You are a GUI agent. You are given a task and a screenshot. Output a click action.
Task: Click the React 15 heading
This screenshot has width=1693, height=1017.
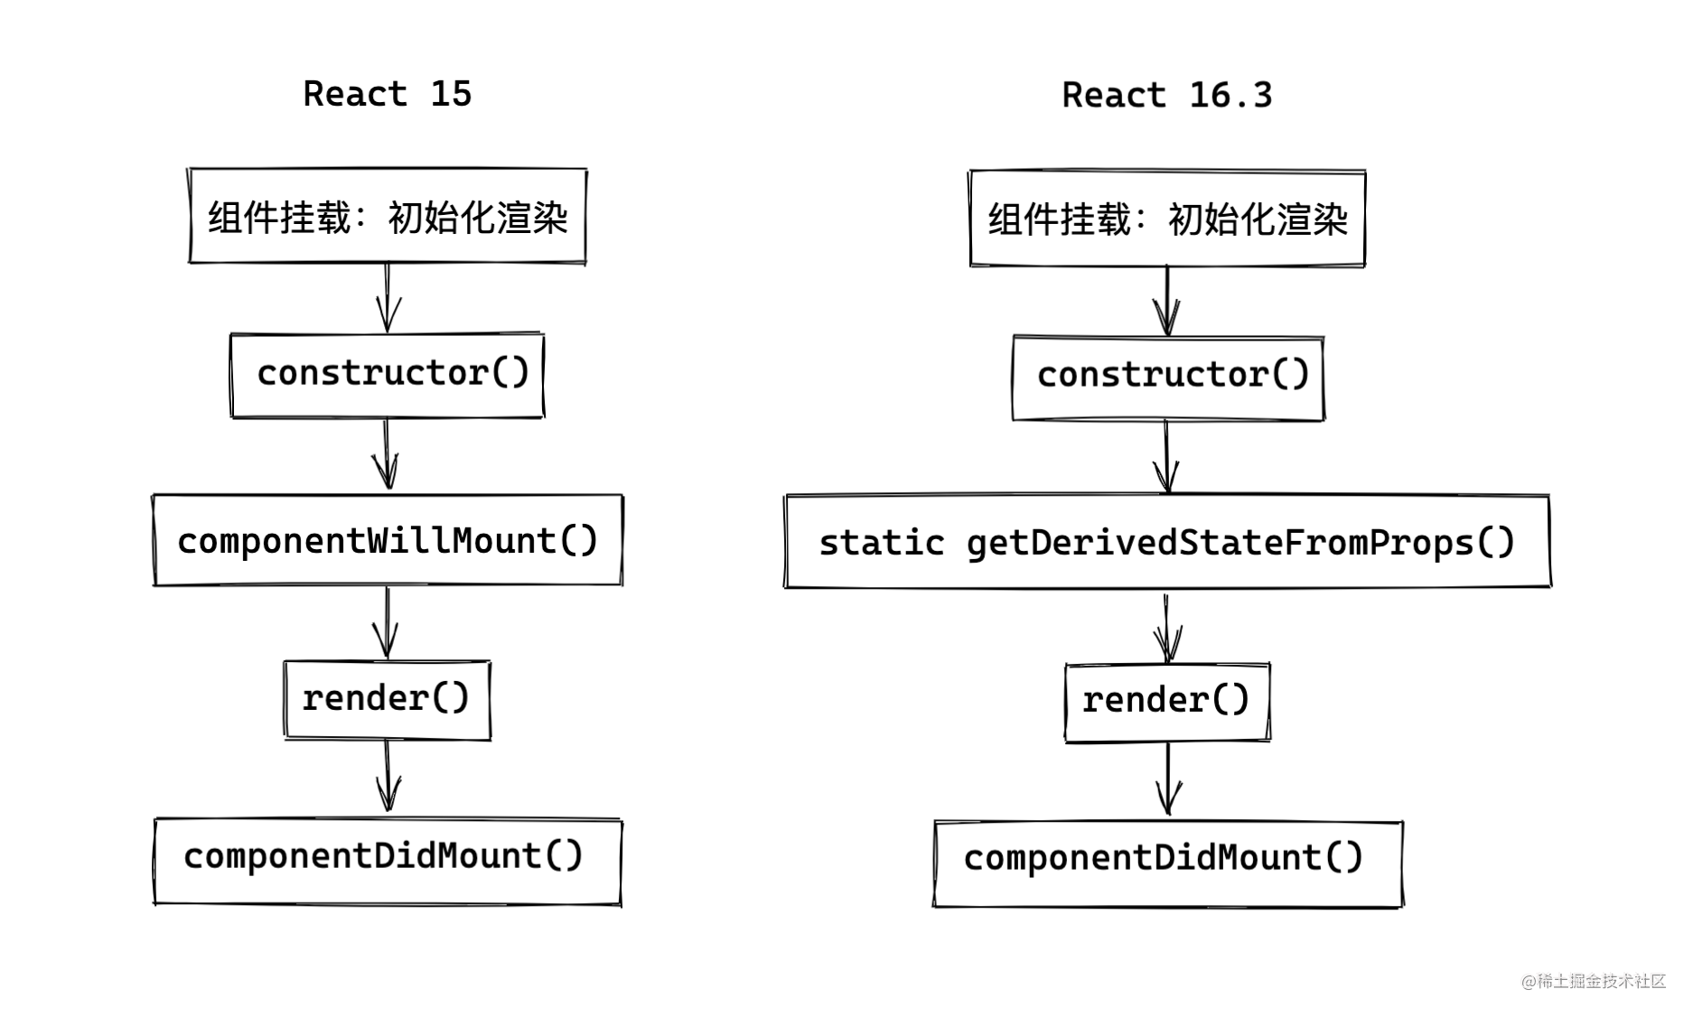click(387, 94)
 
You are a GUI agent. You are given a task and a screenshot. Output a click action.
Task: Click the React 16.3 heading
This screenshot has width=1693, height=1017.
click(1166, 95)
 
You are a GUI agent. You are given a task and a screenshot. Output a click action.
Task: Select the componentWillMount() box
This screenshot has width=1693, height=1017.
click(388, 540)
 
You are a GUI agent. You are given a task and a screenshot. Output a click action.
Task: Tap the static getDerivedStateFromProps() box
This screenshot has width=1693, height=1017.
click(1166, 542)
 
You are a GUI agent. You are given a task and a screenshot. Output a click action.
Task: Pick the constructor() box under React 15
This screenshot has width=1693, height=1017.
click(388, 374)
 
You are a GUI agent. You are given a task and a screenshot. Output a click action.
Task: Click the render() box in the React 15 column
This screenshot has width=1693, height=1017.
click(387, 699)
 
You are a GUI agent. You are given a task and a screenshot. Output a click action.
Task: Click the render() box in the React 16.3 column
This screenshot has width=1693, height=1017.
click(1167, 702)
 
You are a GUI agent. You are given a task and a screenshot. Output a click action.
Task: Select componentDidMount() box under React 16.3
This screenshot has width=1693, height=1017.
click(1167, 862)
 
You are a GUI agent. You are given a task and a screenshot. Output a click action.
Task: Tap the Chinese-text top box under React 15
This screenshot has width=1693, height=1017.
click(388, 217)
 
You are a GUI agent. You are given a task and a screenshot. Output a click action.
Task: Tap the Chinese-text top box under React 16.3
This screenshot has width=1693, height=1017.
click(1167, 219)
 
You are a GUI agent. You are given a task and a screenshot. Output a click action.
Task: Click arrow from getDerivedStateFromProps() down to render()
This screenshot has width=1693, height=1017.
click(1166, 626)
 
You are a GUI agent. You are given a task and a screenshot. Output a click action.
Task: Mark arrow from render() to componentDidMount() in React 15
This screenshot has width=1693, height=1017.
click(388, 776)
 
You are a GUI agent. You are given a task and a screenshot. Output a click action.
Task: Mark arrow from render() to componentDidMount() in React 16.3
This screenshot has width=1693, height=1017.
click(1168, 779)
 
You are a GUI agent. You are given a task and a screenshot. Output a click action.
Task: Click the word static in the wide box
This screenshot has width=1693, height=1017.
click(881, 543)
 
